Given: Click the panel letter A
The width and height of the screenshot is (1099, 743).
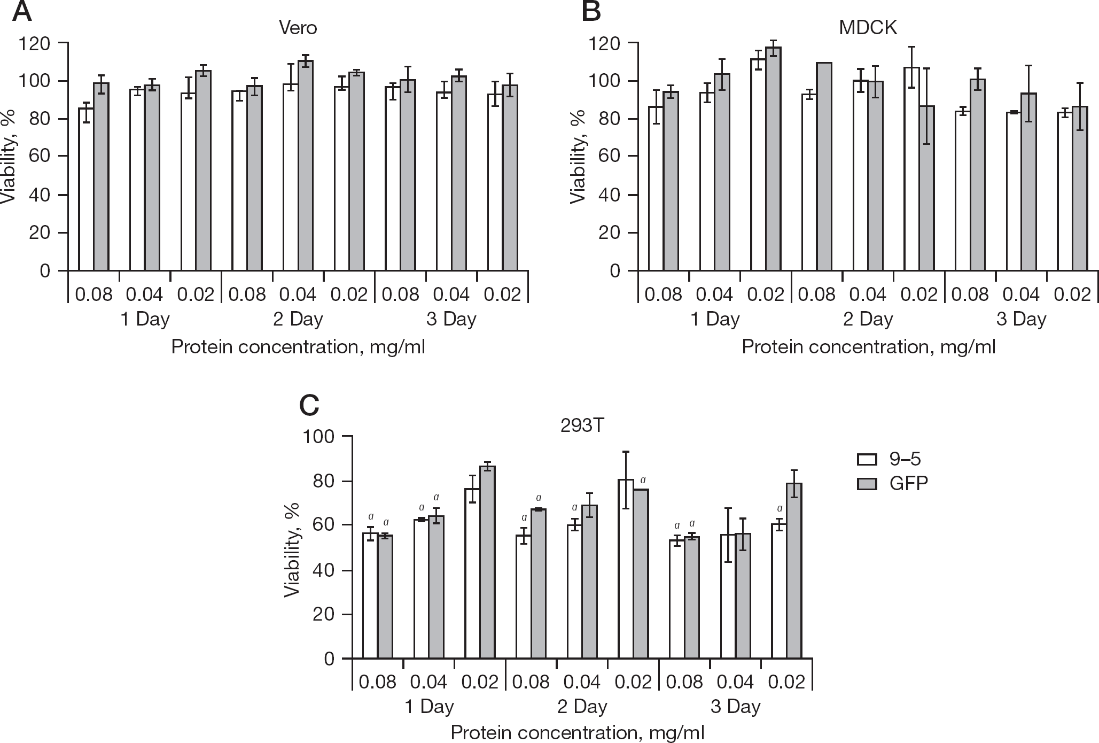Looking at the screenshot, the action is point(22,11).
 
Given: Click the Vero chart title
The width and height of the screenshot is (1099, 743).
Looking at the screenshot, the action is point(298,27).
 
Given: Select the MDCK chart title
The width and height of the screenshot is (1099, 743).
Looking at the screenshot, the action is point(868,27).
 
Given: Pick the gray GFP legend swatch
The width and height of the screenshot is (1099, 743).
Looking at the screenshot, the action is point(867,484).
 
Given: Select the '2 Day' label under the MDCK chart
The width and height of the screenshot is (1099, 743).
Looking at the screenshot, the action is point(868,319).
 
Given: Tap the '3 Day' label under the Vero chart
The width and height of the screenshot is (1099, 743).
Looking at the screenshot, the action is point(451,319).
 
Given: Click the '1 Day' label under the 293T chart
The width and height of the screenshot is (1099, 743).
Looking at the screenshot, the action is point(429,707).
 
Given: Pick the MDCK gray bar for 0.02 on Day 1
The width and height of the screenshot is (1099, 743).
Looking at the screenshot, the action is point(773,159).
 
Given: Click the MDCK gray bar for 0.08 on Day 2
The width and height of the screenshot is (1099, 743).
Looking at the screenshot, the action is point(824,167).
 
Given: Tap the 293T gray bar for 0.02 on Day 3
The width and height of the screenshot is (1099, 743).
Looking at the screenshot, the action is point(794,571).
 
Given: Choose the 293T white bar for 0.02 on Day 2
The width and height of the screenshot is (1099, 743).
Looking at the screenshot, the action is point(626,569).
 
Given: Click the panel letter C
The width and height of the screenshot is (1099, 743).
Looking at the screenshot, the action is point(309,405).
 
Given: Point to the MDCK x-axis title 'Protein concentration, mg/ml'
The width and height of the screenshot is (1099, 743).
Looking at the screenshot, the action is point(869,347).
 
